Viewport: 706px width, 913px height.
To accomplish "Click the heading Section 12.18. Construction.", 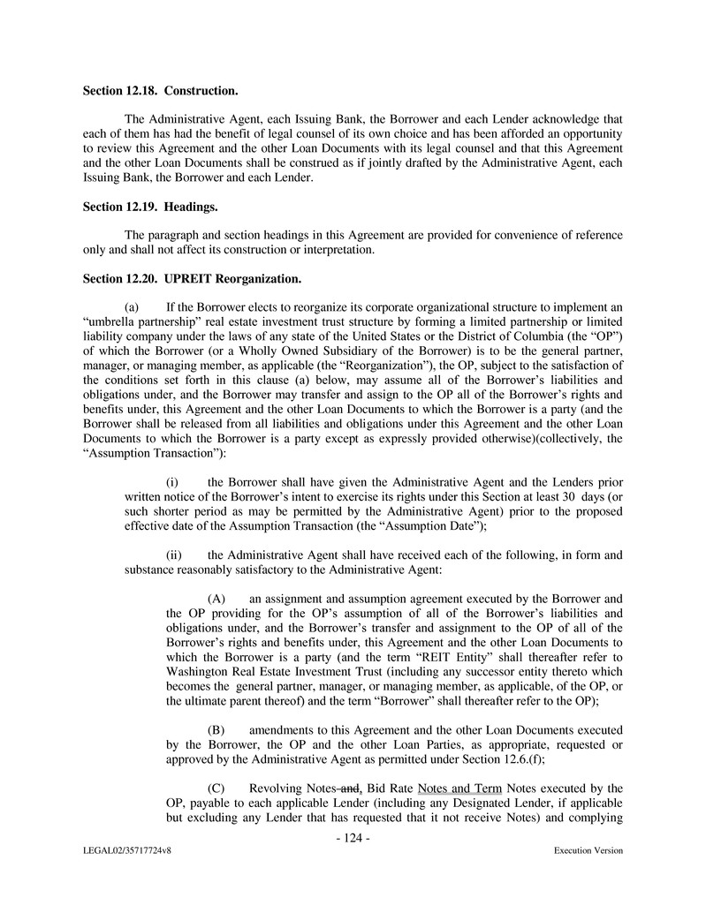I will pyautogui.click(x=160, y=90).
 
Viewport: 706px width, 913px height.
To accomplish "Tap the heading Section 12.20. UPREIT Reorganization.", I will pyautogui.click(x=192, y=279).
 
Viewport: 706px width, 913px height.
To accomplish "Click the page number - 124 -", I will pyautogui.click(x=353, y=837).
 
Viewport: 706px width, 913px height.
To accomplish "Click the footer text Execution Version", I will pyautogui.click(x=588, y=851).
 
